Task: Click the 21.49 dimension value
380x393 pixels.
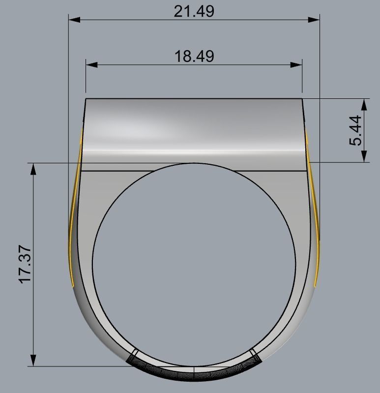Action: coord(194,11)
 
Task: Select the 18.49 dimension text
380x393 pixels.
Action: coord(194,56)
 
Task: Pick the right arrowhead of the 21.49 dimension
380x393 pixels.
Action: coord(314,20)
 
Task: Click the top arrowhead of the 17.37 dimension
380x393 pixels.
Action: coord(33,169)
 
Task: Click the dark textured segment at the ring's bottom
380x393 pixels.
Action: coord(194,372)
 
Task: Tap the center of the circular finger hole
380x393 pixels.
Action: coord(194,265)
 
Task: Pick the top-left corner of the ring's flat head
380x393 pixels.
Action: coord(86,99)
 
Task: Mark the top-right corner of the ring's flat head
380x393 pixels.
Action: coord(302,99)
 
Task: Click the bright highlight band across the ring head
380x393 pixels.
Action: coord(194,149)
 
